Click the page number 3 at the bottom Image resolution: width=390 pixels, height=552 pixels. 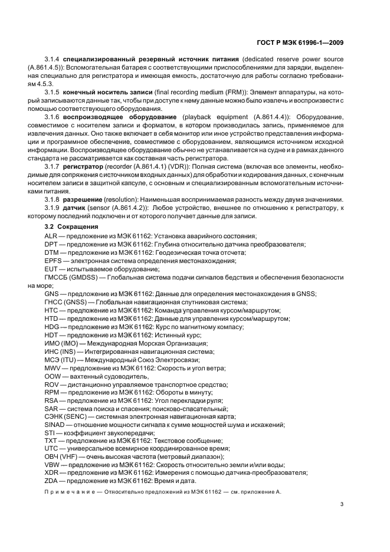[342, 504]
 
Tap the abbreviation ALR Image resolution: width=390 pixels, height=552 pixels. [51, 235]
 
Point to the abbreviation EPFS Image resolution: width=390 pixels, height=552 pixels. [53, 260]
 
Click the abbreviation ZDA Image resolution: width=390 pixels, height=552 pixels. [51, 481]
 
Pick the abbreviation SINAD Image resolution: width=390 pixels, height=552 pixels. [55, 425]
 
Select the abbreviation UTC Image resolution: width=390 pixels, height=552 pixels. [51, 449]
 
